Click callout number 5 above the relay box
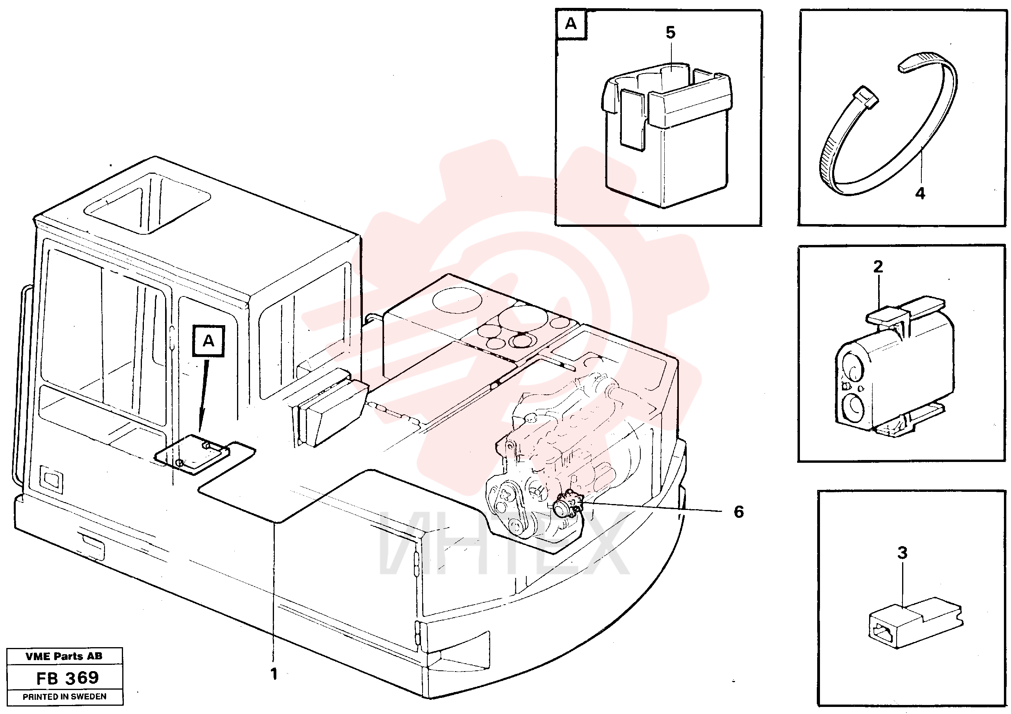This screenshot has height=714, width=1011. [670, 33]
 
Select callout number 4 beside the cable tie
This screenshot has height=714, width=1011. [920, 193]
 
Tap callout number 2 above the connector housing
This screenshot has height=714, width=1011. [878, 267]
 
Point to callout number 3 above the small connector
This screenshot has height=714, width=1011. [902, 552]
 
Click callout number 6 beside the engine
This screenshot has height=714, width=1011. [739, 512]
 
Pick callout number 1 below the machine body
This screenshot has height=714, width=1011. [274, 674]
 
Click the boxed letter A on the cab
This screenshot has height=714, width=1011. [208, 341]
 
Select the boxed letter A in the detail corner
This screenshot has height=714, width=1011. [571, 23]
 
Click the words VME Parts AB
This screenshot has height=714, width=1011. [64, 656]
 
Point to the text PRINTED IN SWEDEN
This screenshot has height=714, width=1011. [64, 697]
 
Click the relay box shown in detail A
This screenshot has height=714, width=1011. [666, 135]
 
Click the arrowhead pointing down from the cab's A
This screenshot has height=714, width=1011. [200, 425]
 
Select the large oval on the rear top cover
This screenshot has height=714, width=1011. [458, 300]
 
